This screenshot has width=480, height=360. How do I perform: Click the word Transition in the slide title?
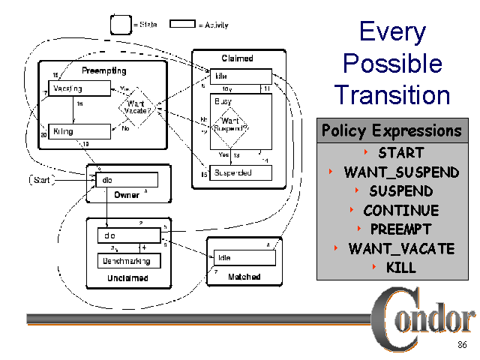392,94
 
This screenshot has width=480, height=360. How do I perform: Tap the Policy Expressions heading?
391,130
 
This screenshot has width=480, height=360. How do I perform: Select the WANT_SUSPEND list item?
401,172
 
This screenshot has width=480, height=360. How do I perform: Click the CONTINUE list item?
400,210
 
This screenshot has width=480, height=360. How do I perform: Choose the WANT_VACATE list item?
401,248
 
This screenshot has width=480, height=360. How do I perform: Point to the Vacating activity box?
72,88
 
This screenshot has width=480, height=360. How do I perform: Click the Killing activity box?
73,132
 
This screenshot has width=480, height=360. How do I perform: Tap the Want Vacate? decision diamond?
136,106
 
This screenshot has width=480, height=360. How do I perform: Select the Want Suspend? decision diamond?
230,124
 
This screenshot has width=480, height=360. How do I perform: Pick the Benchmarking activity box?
128,261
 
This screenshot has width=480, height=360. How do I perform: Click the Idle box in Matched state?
244,257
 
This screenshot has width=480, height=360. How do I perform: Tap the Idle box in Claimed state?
241,76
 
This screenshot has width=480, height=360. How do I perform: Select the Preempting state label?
103,70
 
